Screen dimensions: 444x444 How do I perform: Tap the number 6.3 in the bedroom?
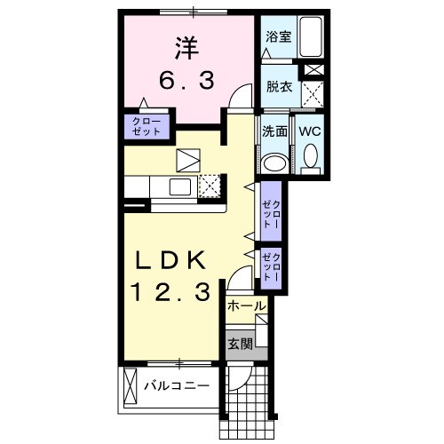point(186,82)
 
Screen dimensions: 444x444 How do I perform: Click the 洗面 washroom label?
point(274,131)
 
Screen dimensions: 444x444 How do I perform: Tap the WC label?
point(310,130)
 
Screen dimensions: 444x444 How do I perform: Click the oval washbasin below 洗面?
point(274,162)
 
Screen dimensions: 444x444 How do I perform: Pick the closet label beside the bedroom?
point(146,125)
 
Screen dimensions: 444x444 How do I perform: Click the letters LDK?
point(172,260)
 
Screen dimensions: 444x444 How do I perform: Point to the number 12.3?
point(172,291)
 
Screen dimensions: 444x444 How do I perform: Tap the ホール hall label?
point(246,306)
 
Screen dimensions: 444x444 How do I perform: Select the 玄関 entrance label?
point(239,343)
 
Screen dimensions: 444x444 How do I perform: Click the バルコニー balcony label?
point(178,386)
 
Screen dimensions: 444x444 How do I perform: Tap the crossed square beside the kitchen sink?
point(210,186)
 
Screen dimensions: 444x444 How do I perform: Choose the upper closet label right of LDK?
point(270,214)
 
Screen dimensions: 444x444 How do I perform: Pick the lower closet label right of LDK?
point(270,267)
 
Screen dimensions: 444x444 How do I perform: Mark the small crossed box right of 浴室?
point(313,70)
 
